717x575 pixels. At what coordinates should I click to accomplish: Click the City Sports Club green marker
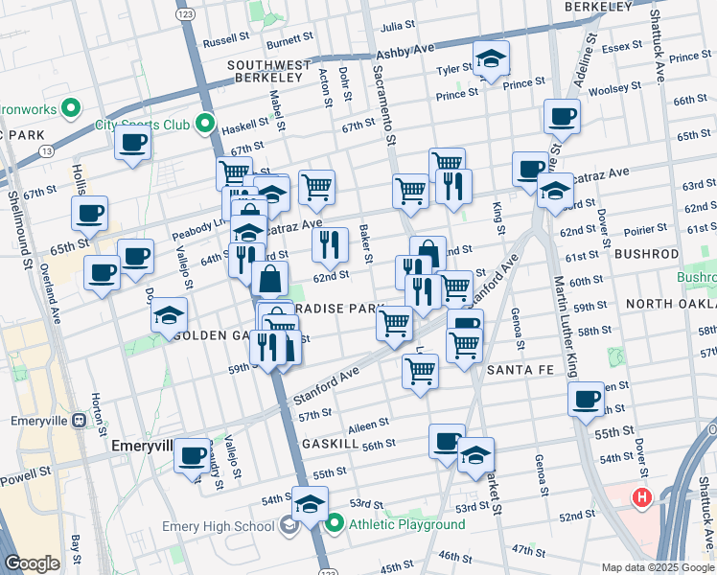(204, 124)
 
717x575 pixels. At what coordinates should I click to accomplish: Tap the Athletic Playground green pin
(335, 524)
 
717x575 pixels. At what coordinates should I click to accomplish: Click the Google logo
(32, 563)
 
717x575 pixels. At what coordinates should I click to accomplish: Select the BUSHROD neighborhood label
(645, 254)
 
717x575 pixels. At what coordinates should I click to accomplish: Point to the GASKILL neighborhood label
(330, 445)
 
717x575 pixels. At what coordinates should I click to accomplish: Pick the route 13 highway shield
(46, 150)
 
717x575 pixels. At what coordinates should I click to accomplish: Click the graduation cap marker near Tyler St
(491, 59)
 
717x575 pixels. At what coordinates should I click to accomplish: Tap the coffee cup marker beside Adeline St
(562, 117)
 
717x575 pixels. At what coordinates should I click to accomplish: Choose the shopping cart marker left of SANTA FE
(420, 371)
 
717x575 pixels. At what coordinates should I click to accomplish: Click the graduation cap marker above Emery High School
(310, 503)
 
